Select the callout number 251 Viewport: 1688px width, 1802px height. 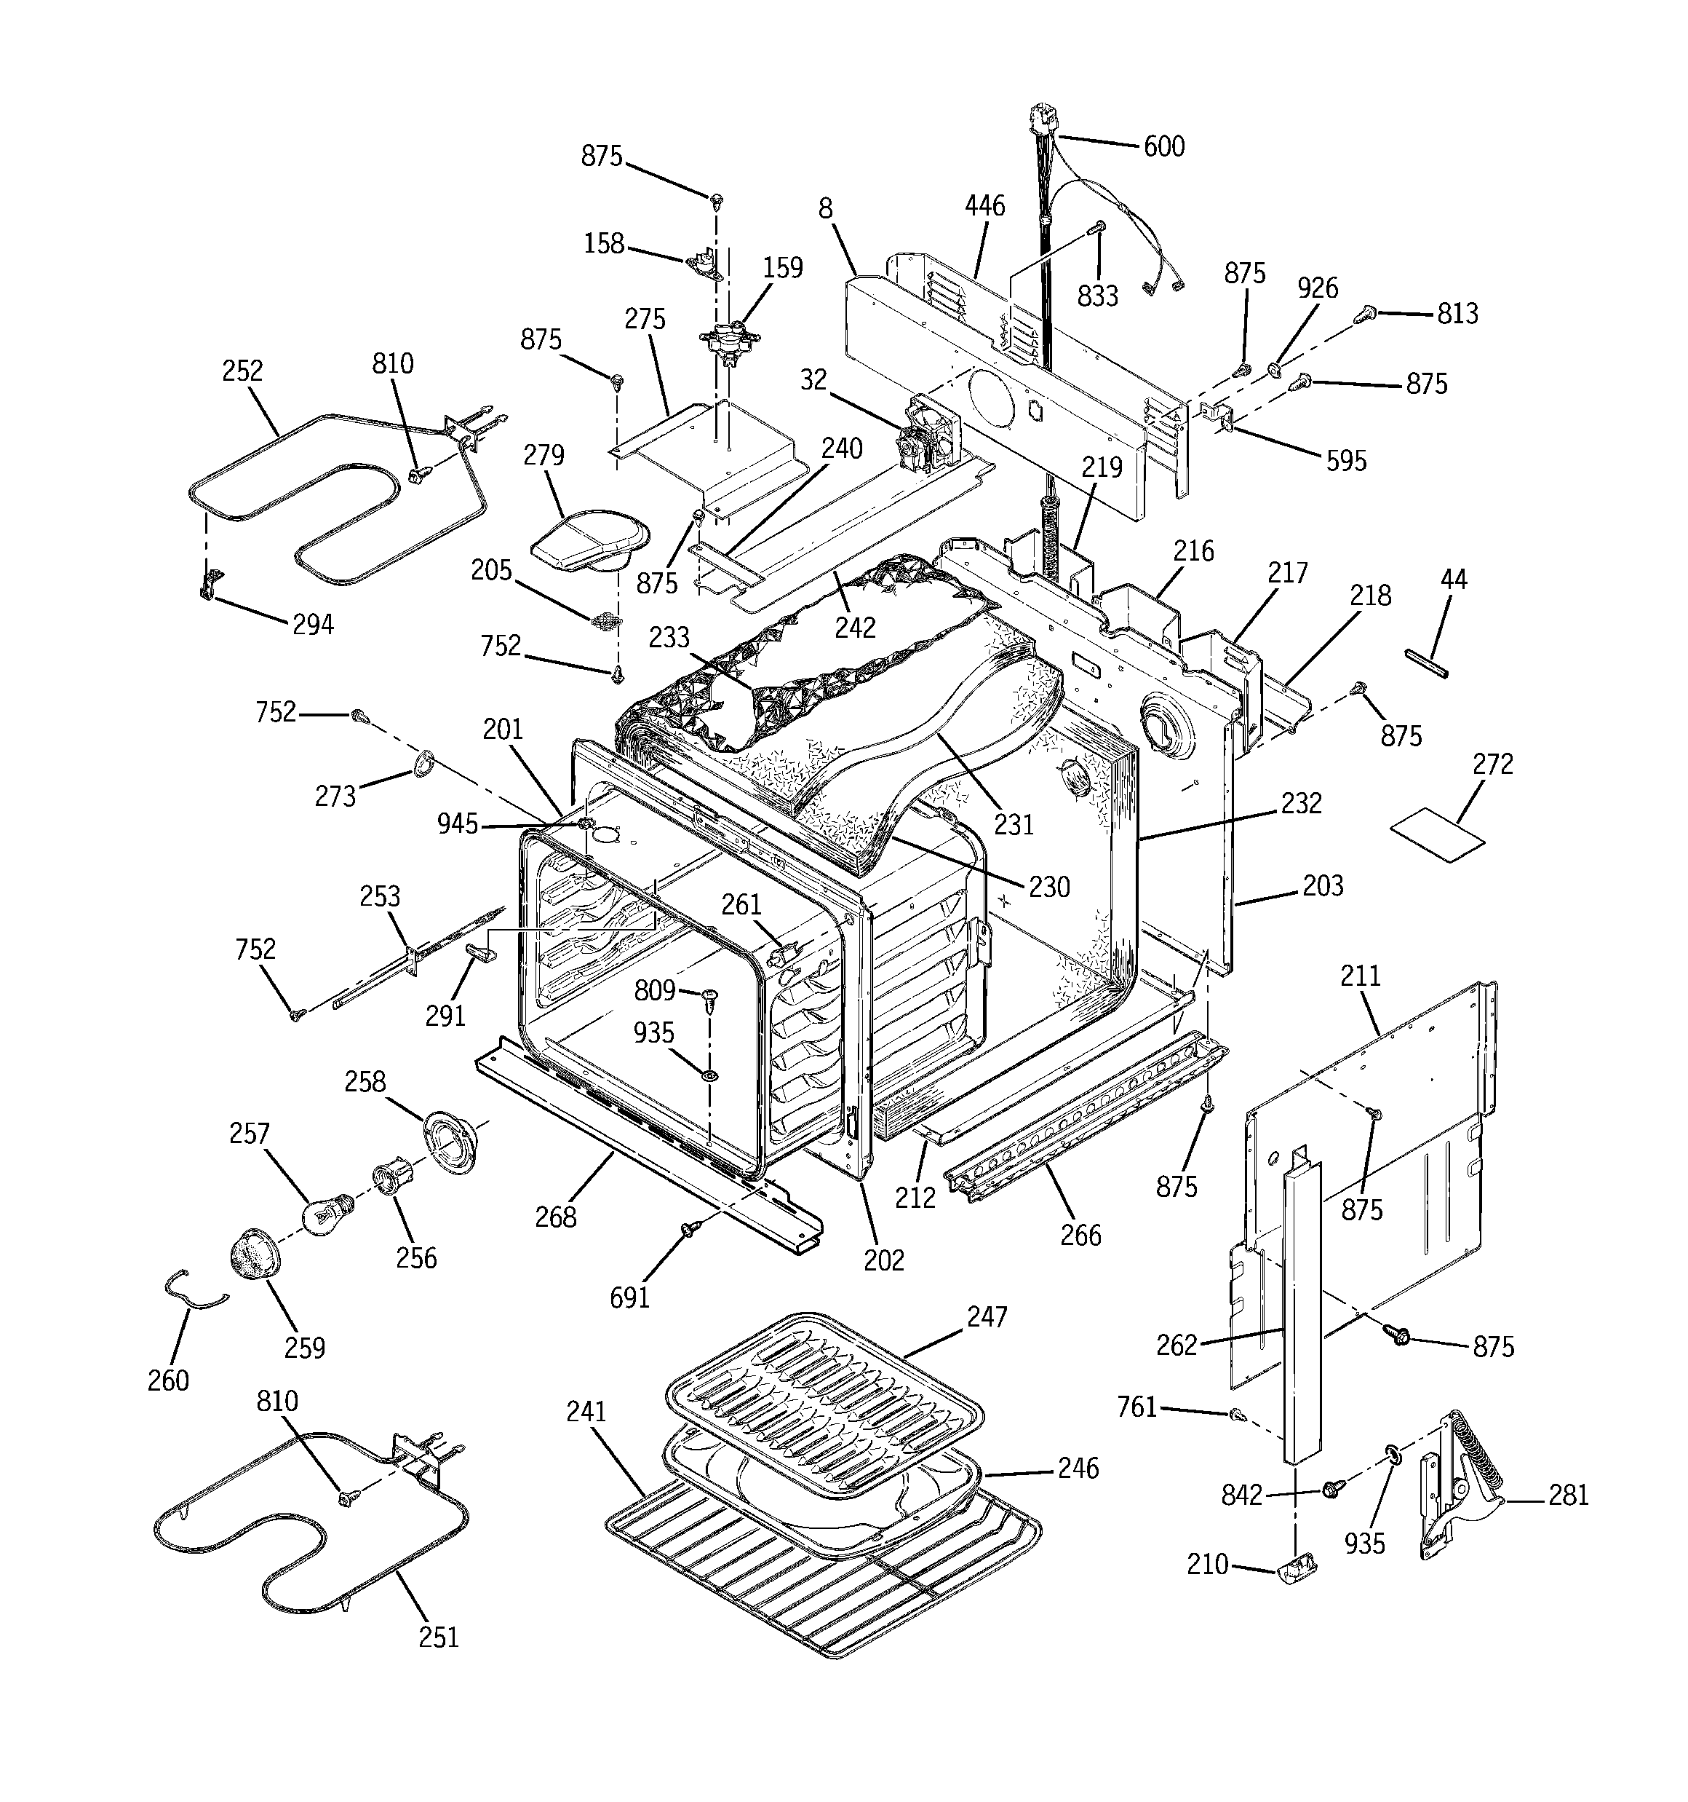(439, 1637)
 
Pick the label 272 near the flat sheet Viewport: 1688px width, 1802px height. (1492, 764)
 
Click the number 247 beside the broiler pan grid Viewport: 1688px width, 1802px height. (986, 1316)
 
